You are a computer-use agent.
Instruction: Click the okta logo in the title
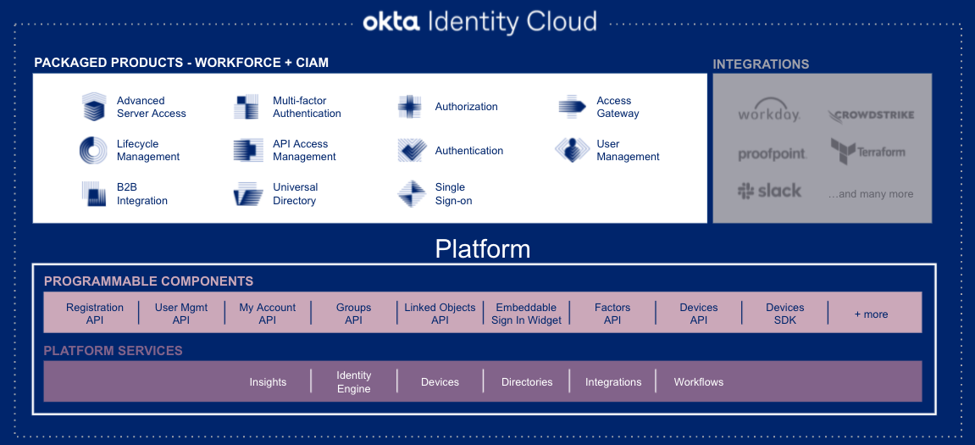392,22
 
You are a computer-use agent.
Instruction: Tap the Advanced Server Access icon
94,107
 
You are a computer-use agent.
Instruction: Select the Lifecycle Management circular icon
93,150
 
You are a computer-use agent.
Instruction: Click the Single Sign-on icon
411,193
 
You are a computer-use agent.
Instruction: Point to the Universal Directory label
296,193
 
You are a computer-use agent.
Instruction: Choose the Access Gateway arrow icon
572,107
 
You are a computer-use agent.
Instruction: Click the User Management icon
572,150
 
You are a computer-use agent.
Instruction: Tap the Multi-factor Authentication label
307,107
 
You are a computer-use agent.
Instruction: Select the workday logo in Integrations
768,110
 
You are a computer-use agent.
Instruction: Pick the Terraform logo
868,151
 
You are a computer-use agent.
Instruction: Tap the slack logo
769,191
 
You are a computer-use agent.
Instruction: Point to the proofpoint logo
772,153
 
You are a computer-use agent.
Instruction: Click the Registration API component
95,314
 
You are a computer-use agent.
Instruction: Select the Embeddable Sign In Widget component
526,314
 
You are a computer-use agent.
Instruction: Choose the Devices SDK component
784,314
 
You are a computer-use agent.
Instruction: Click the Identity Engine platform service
354,382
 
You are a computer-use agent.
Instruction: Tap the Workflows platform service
699,382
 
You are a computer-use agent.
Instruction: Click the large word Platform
483,249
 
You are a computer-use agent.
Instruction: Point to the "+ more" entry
871,314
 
